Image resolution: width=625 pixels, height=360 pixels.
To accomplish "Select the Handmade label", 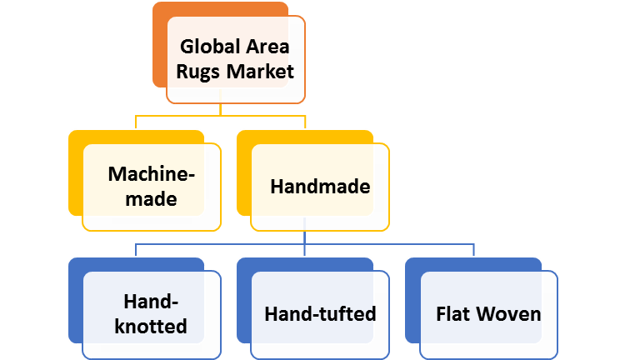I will coord(320,187).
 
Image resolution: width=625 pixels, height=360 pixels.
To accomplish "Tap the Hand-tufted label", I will coord(320,314).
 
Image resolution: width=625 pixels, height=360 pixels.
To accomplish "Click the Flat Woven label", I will coord(488,314).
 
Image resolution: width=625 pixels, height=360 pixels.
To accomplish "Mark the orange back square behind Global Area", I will coord(159,42).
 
